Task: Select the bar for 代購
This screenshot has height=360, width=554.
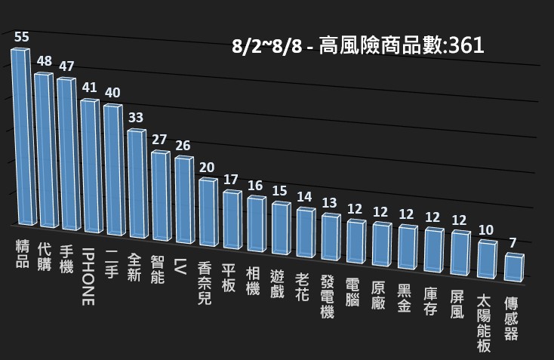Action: pyautogui.click(x=45, y=151)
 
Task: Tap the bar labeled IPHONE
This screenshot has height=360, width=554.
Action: pyautogui.click(x=91, y=166)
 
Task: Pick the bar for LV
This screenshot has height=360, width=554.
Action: pyautogui.click(x=184, y=199)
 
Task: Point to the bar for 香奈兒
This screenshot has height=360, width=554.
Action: pyautogui.click(x=208, y=211)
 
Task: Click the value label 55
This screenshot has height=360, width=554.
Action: pyautogui.click(x=21, y=37)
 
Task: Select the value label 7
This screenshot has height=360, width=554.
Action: pyautogui.click(x=512, y=243)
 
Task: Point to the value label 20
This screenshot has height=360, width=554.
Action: pyautogui.click(x=207, y=167)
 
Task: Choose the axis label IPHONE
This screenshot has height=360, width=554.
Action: pyautogui.click(x=88, y=275)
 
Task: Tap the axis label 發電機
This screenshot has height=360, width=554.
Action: pyautogui.click(x=327, y=296)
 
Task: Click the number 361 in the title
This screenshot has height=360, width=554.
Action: pyautogui.click(x=466, y=46)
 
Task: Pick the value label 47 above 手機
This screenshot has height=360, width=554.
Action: pyautogui.click(x=66, y=66)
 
